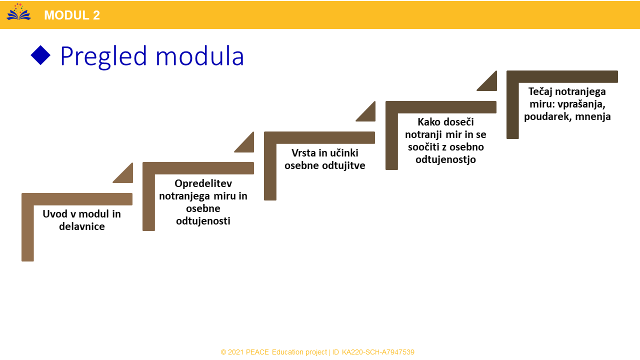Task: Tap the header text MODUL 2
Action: pos(72,15)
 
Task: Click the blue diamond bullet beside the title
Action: pos(40,55)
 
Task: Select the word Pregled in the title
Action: pos(103,56)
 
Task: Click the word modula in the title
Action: pos(199,56)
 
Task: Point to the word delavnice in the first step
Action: pos(82,226)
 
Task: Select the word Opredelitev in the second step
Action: pos(203,183)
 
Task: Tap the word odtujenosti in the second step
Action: pos(203,221)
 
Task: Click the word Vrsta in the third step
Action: pos(303,153)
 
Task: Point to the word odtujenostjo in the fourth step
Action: pos(445,159)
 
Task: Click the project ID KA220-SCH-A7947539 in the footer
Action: pos(378,352)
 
